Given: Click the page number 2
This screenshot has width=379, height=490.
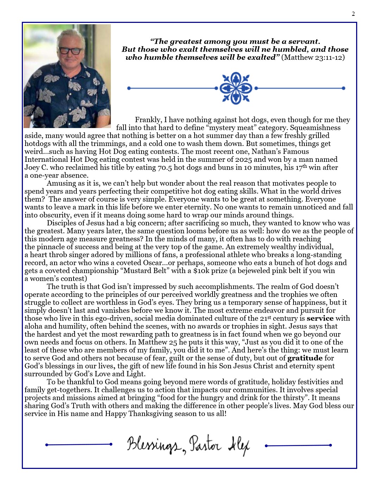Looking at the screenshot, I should (353, 14).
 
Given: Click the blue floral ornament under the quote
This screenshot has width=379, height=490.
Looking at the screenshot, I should (236, 88).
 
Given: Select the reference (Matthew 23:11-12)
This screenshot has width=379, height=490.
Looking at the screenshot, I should (313, 57).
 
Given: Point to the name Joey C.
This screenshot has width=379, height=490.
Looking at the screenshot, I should (36, 167).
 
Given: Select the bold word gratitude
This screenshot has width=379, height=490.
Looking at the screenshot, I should (305, 358).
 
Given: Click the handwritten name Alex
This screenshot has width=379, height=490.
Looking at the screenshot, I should (239, 445).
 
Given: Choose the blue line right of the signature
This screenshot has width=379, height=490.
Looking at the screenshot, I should (298, 445).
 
